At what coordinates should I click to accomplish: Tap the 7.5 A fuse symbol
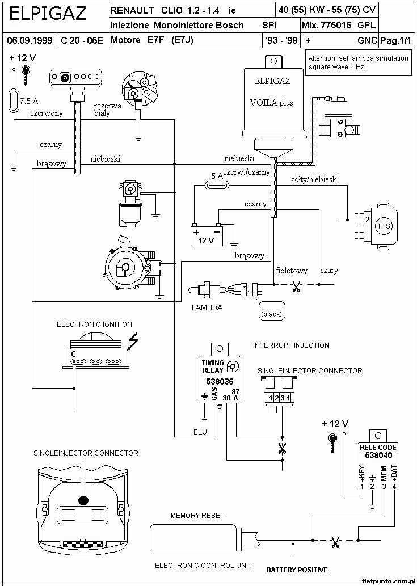(14, 100)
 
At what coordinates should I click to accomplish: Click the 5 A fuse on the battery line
(218, 186)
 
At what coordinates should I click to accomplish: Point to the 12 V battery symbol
(207, 235)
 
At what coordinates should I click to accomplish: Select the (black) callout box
(271, 313)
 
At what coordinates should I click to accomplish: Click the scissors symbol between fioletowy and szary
(297, 288)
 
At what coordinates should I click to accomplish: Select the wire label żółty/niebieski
(315, 180)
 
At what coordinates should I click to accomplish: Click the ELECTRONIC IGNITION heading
(94, 324)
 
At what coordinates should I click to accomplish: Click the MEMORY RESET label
(197, 515)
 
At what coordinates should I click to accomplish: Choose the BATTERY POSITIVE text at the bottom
(297, 570)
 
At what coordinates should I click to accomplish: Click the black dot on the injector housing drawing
(83, 500)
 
